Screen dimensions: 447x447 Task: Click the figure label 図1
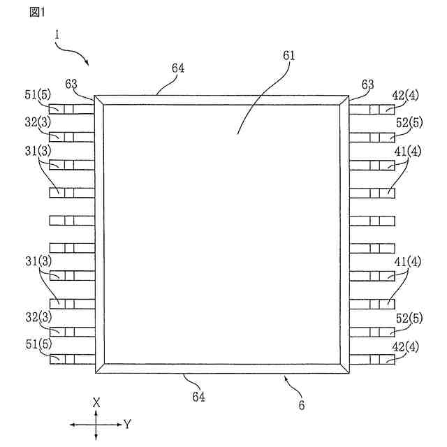36,12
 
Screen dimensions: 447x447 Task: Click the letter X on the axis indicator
96,402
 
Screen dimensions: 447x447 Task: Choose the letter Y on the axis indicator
127,424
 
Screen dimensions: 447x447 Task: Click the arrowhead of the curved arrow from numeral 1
87,64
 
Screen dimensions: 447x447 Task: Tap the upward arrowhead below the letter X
96,411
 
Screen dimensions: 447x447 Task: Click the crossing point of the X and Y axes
96,424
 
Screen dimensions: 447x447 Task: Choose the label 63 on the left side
71,85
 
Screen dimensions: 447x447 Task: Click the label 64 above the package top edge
179,68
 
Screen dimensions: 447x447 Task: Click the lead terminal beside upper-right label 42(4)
372,110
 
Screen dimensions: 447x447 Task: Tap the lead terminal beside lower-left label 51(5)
71,359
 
